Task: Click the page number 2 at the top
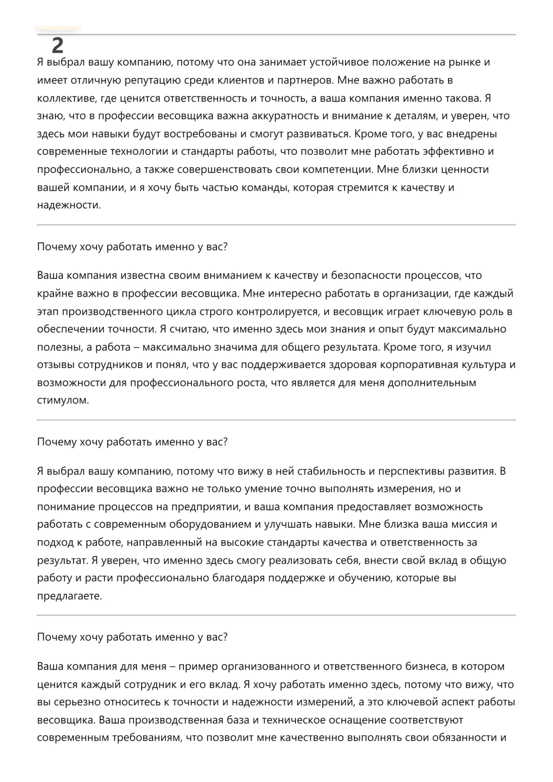[x=58, y=45]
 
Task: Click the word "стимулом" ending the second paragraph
[x=62, y=400]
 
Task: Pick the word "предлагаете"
[x=69, y=596]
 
